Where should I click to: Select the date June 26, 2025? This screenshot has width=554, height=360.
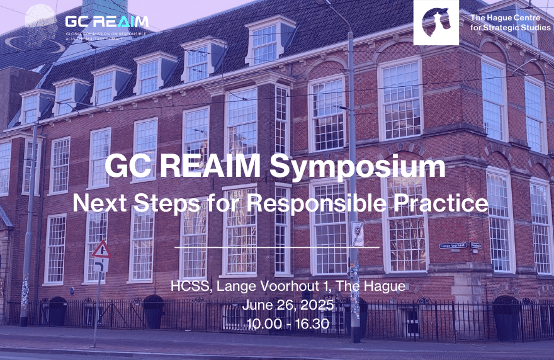tap(276, 308)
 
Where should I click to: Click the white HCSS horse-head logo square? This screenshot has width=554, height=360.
tap(436, 22)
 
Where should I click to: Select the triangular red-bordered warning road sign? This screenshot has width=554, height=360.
tap(101, 250)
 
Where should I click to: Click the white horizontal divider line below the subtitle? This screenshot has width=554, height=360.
tap(276, 247)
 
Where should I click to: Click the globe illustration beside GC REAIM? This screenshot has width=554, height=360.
tap(40, 22)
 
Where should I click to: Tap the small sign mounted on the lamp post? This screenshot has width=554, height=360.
tap(357, 233)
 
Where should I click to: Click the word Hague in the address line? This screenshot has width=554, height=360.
tap(383, 288)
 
